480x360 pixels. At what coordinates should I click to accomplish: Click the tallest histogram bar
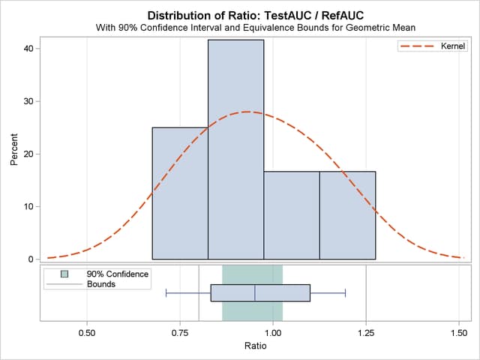point(235,150)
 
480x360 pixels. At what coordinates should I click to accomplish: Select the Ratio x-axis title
point(255,346)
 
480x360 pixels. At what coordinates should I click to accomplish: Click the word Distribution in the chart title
point(179,15)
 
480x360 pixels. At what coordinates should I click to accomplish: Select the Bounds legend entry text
point(101,284)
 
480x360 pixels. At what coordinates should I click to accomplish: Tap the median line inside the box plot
point(255,292)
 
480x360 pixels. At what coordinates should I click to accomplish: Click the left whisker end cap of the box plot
point(166,292)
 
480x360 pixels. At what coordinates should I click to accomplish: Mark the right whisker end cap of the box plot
point(345,292)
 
